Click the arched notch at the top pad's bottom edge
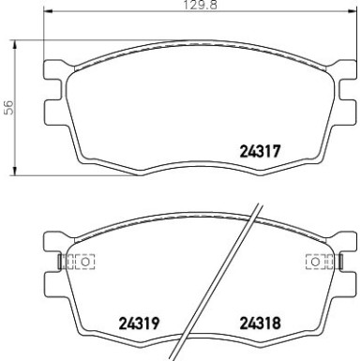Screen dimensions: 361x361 click(199, 172)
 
